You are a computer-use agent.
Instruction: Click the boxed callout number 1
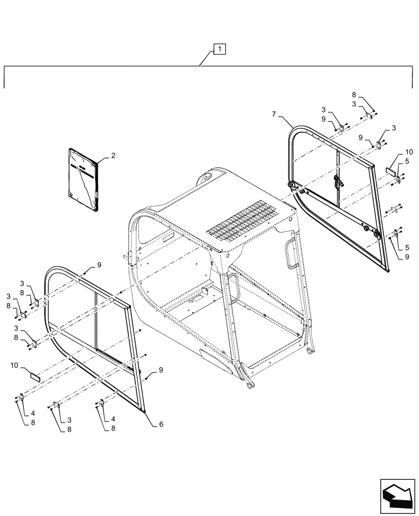219,50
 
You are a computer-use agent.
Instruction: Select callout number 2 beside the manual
113,155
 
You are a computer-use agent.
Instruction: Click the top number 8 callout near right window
354,95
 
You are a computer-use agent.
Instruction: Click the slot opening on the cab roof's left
169,238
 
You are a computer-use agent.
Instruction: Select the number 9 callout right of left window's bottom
160,369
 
